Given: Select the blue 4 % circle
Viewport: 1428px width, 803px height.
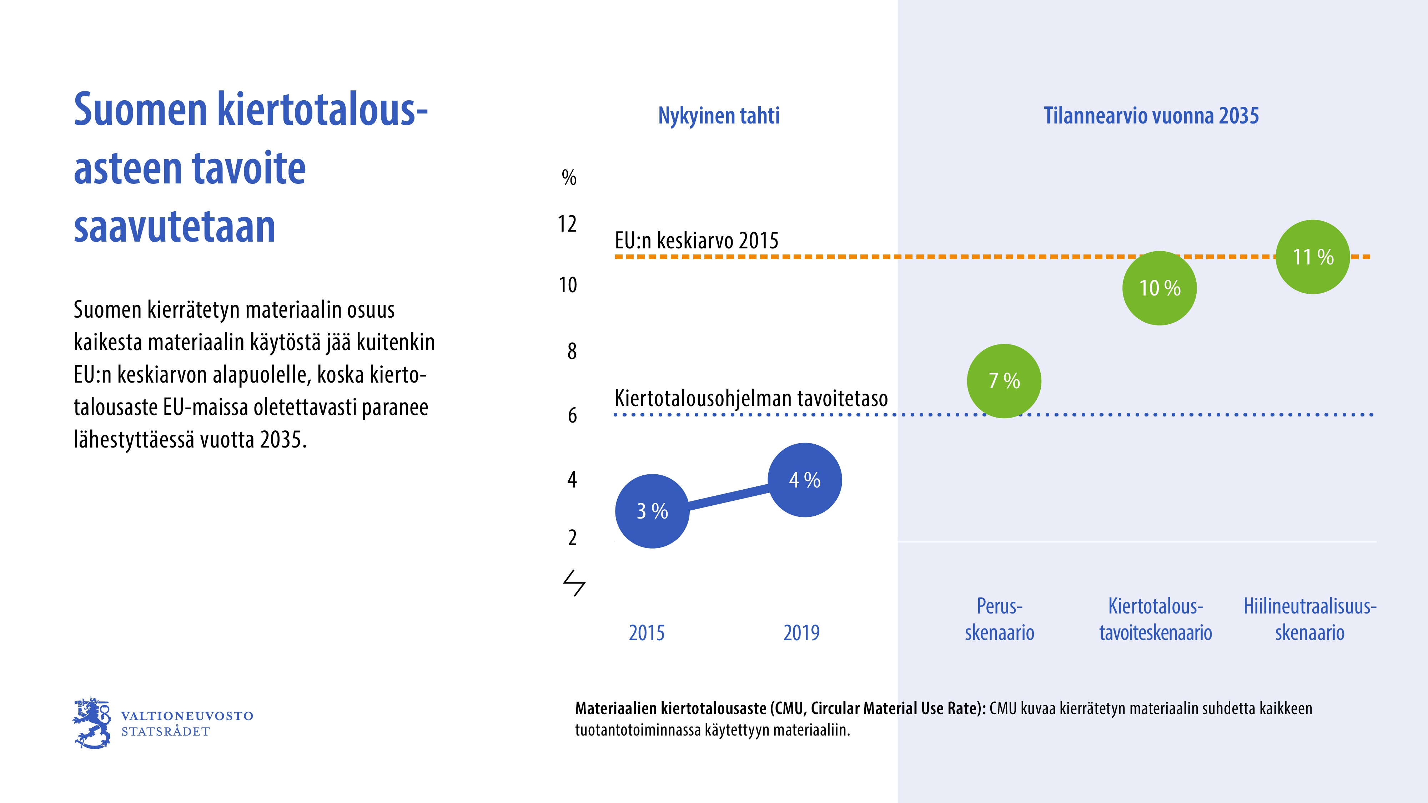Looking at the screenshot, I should (x=804, y=480).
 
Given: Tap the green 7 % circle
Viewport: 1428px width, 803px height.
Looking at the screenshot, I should (x=1004, y=381).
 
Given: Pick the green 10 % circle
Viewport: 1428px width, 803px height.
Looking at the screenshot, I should (x=1159, y=288).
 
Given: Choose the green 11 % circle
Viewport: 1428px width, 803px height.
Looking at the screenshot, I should (x=1313, y=257).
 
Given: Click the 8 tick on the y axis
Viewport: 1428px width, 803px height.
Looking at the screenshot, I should (x=572, y=351).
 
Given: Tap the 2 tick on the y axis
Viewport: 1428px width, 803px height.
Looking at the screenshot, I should (x=572, y=537).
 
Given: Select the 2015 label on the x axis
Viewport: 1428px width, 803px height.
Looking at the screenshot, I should (x=647, y=633).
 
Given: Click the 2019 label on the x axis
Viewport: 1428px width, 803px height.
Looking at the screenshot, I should (x=801, y=633).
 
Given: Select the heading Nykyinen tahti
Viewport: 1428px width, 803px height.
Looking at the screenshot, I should (x=718, y=116).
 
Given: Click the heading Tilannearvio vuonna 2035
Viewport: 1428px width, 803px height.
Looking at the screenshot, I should (x=1151, y=116).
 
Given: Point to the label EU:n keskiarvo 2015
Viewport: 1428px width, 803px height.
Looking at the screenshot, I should (x=696, y=241).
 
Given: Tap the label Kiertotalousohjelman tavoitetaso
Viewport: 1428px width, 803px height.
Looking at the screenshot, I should (x=751, y=398).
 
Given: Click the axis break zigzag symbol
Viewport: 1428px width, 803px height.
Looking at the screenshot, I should (x=574, y=583).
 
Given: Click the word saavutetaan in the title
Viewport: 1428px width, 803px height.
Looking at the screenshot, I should (x=175, y=227).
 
